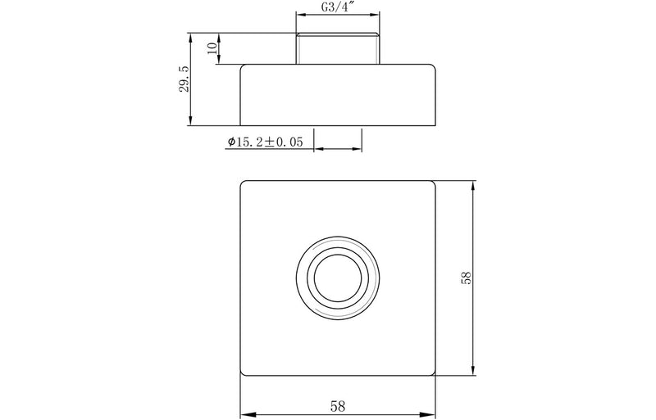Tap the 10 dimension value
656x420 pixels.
pos(212,49)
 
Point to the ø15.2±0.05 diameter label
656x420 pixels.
pos(265,142)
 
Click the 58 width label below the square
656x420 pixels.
pos(338,404)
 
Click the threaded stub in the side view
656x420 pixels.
pos(338,48)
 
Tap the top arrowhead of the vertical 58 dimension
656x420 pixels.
pos(473,186)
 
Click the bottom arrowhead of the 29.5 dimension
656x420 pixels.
pos(190,122)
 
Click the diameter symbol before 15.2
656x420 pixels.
pos(231,142)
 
